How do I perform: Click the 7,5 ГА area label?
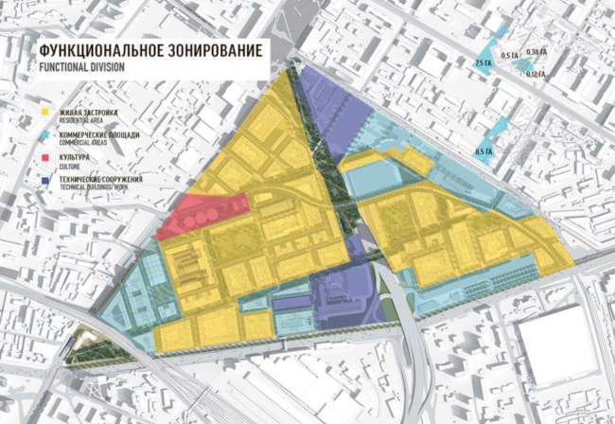pos(482,63)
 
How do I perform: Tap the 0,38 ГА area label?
pos(536,52)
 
